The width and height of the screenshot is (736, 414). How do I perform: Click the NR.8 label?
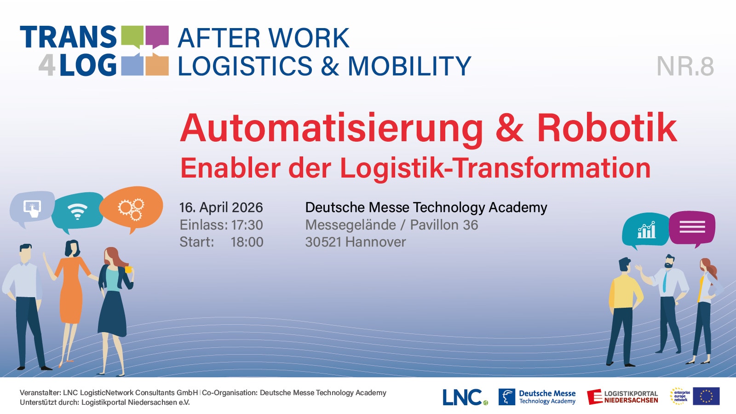[x=685, y=66]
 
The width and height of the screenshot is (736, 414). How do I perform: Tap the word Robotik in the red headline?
[x=607, y=128]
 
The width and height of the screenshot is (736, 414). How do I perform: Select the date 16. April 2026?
[x=221, y=207]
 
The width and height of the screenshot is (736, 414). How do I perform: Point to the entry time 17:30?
[x=247, y=225]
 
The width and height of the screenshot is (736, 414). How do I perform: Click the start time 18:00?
[x=247, y=242]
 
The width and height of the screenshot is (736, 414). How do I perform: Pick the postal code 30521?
[x=323, y=242]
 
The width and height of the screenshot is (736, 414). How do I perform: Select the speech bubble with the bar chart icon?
[x=645, y=230]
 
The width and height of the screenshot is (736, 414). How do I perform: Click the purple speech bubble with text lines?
[x=692, y=228]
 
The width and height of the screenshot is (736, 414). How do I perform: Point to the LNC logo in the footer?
[x=465, y=397]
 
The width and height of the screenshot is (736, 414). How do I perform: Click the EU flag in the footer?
[x=706, y=396]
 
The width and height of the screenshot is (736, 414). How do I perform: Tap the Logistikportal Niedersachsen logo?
[x=622, y=397]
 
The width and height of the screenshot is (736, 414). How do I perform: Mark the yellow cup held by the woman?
[x=128, y=270]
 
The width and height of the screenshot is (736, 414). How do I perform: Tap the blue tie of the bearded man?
[x=665, y=281]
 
